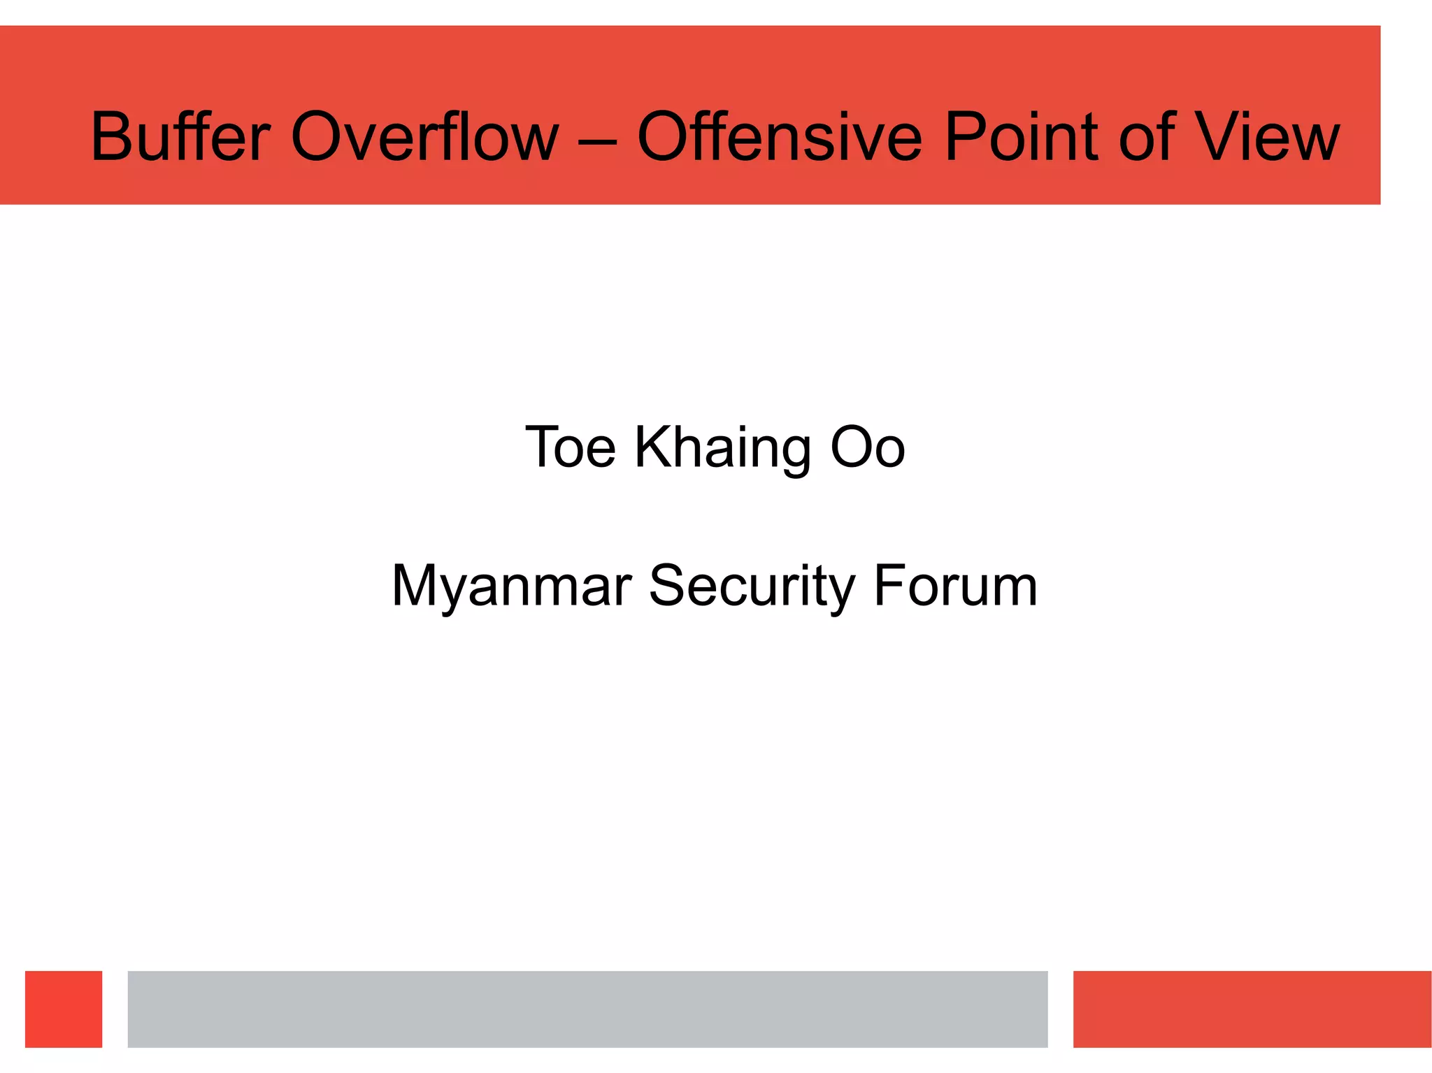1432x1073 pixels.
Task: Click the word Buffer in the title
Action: pyautogui.click(x=180, y=137)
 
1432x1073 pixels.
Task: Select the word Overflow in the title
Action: pyautogui.click(x=424, y=137)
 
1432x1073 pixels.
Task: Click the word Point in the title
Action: pyautogui.click(x=1020, y=137)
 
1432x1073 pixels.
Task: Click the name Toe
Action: pyautogui.click(x=570, y=447)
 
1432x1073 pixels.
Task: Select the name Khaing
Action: pyautogui.click(x=722, y=447)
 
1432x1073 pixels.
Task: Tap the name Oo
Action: pyautogui.click(x=867, y=447)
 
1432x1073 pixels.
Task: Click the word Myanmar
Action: pyautogui.click(x=512, y=586)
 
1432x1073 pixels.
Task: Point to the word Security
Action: pyautogui.click(x=752, y=586)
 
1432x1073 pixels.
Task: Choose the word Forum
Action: pyautogui.click(x=956, y=586)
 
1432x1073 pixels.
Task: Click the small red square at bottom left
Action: pyautogui.click(x=64, y=1009)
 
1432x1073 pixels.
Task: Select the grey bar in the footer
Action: pyautogui.click(x=587, y=1009)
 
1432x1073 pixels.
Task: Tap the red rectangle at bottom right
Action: pyautogui.click(x=1252, y=1009)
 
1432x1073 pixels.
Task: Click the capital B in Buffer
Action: pyautogui.click(x=112, y=137)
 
